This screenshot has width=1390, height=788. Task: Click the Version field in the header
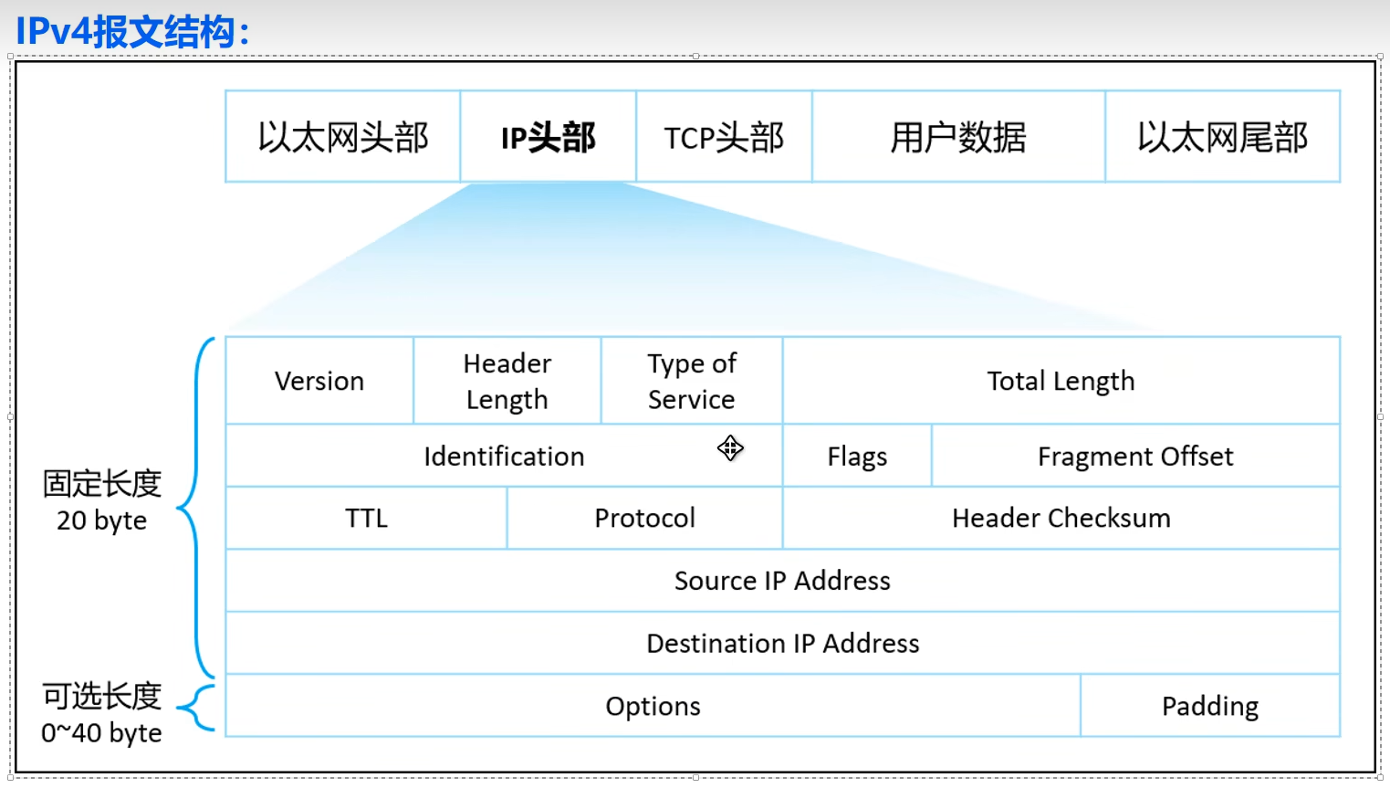(319, 381)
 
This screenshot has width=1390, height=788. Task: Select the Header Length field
(507, 381)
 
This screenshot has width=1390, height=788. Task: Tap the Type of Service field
(692, 381)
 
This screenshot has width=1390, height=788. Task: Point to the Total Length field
(1061, 381)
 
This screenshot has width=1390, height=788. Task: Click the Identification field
(504, 456)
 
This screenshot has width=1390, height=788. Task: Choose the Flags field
(857, 456)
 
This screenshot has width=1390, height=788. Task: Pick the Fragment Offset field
(1135, 456)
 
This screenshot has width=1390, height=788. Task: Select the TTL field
(366, 518)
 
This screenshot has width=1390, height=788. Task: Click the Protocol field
(644, 518)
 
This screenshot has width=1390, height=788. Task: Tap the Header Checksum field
(1061, 518)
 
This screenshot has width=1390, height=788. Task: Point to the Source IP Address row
(782, 581)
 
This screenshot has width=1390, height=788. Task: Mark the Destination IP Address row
(782, 643)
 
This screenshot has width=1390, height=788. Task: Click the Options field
(653, 706)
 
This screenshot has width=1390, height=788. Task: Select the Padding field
(1210, 706)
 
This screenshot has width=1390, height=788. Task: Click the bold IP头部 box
(549, 137)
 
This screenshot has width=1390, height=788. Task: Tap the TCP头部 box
(724, 137)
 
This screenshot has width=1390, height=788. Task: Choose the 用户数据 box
(958, 137)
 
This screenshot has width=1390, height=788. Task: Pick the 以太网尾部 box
(1222, 137)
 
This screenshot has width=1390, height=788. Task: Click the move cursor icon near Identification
(730, 448)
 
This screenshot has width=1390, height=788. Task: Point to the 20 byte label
(101, 520)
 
